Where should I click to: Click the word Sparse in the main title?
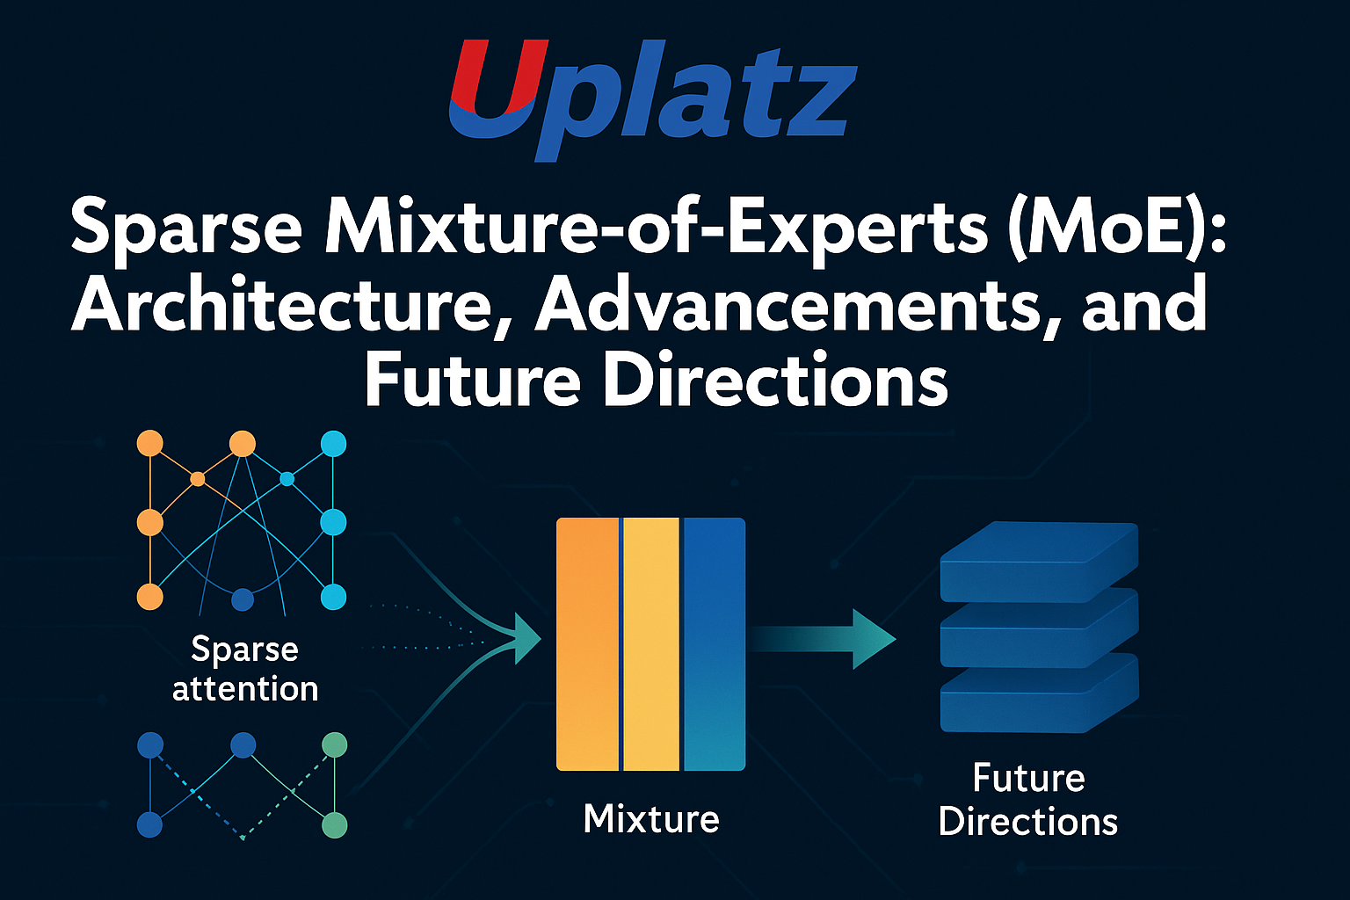pos(186,232)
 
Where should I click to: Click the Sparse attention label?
pos(244,669)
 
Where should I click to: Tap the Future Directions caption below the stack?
pos(1028,800)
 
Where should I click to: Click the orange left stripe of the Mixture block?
pos(588,644)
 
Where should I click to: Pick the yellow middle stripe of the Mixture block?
pos(651,644)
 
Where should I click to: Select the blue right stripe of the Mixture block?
pos(715,644)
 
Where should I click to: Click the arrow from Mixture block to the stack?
pos(822,639)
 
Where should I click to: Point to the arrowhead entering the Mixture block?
pos(526,639)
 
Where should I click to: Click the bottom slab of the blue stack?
pos(1039,693)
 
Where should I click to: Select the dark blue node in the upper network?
pos(243,599)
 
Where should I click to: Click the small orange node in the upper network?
pos(197,479)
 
